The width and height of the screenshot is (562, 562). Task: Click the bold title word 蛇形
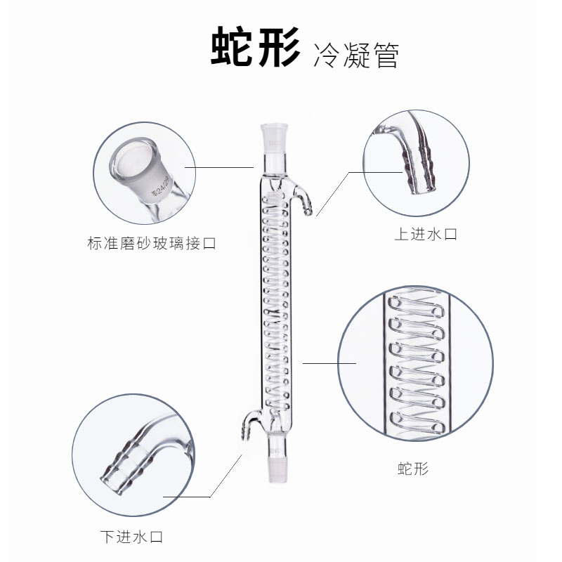click(255, 47)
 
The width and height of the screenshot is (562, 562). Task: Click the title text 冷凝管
click(357, 53)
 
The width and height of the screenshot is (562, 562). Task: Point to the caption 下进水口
click(131, 537)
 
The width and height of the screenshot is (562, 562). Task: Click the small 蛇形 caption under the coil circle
click(412, 468)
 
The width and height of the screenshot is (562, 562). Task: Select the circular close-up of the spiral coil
click(414, 363)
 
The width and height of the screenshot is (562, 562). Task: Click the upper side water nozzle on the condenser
click(304, 200)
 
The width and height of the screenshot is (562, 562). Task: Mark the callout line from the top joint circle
click(218, 168)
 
